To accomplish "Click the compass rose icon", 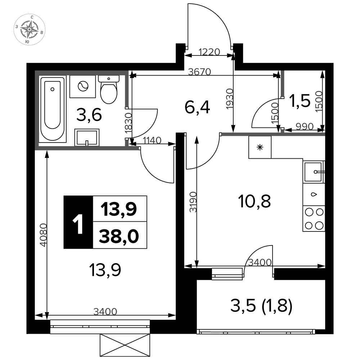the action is click(30, 30).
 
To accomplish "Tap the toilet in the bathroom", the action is click(109, 90).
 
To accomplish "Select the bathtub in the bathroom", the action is click(52, 109).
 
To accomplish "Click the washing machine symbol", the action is click(83, 86).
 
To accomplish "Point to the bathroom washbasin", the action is click(87, 137).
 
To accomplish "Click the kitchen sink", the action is click(314, 172).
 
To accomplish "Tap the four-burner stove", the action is click(314, 219).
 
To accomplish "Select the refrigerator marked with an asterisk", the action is click(260, 147).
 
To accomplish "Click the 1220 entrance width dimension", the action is click(209, 52).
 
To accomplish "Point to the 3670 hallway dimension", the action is click(199, 72).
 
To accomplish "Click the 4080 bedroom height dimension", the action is click(43, 235).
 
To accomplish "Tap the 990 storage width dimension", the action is click(305, 126).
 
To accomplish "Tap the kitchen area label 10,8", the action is click(255, 201).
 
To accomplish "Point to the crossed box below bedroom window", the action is click(125, 345).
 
